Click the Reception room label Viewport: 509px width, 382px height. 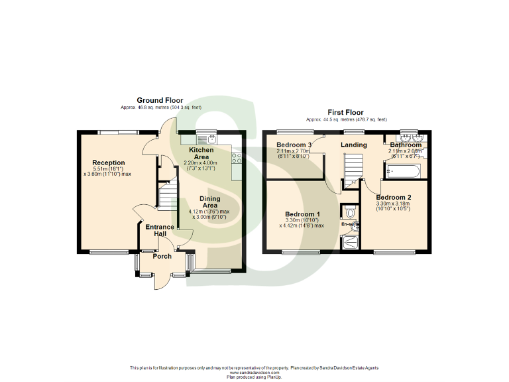click(x=108, y=162)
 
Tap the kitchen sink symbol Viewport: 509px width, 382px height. click(x=211, y=139)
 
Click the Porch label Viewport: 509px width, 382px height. click(x=162, y=256)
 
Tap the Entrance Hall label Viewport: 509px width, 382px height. click(x=160, y=230)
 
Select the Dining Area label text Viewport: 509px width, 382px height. click(x=210, y=202)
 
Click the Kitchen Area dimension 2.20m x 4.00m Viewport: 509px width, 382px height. click(x=201, y=162)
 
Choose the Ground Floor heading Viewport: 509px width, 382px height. click(x=160, y=101)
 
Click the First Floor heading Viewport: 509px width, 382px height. click(x=345, y=113)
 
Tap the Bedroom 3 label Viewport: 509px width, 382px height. click(x=294, y=145)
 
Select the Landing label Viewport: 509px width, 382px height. click(x=354, y=145)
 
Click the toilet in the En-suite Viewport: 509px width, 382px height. click(x=351, y=212)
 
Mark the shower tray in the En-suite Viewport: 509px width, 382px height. click(x=351, y=242)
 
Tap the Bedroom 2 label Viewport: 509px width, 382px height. click(x=394, y=197)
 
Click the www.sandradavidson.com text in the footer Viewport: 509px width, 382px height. click(x=254, y=373)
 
